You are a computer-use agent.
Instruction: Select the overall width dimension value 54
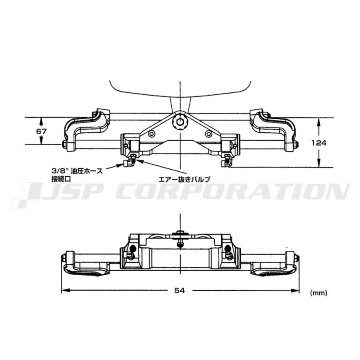click(x=180, y=291)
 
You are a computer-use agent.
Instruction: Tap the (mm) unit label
click(x=318, y=293)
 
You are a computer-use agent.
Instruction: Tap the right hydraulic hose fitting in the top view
click(x=227, y=161)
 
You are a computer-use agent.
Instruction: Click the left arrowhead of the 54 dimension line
click(x=64, y=290)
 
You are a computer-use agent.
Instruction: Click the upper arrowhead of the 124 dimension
click(x=319, y=122)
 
